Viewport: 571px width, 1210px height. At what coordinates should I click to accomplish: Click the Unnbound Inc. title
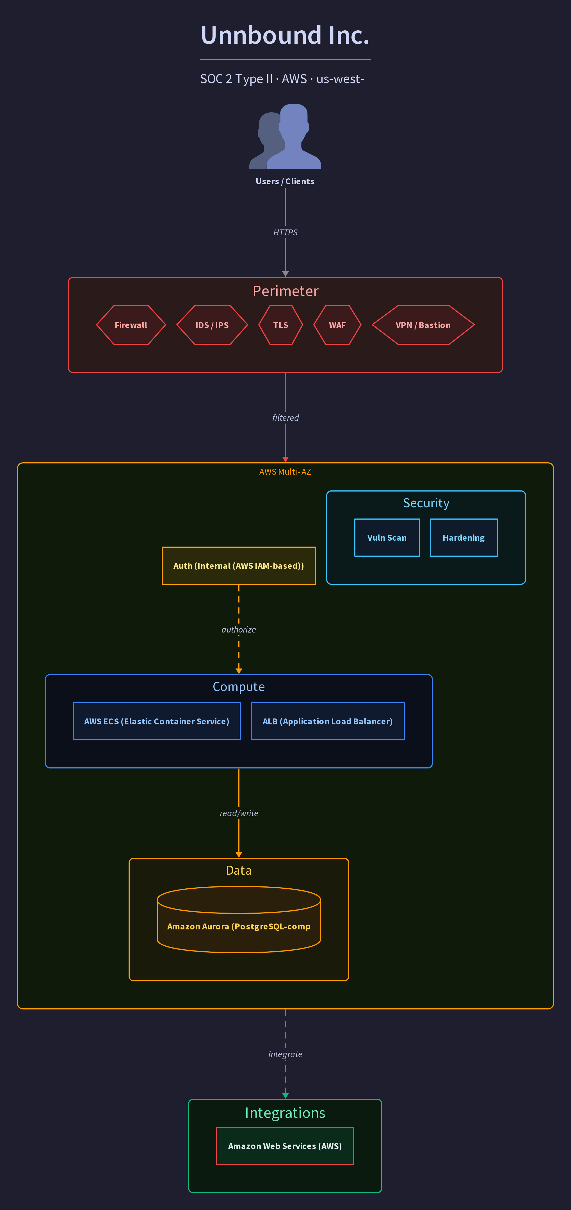pyautogui.click(x=285, y=35)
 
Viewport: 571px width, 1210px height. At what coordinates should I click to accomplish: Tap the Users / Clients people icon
pyautogui.click(x=285, y=136)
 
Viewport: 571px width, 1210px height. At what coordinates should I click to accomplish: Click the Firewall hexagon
pyautogui.click(x=131, y=325)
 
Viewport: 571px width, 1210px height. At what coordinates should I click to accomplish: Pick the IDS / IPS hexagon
pyautogui.click(x=212, y=325)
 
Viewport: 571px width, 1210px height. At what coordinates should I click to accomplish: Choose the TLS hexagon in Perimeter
pyautogui.click(x=281, y=325)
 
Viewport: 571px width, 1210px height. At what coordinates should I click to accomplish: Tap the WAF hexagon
pyautogui.click(x=337, y=325)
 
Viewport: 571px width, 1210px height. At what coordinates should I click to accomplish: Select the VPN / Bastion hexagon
pyautogui.click(x=423, y=325)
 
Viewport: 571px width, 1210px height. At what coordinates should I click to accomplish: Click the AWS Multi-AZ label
pyautogui.click(x=285, y=472)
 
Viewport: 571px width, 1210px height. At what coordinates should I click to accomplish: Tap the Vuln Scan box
pyautogui.click(x=387, y=538)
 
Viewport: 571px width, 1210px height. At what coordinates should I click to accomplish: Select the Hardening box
pyautogui.click(x=464, y=538)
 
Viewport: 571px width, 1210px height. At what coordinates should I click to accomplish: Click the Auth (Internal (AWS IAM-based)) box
pyautogui.click(x=239, y=566)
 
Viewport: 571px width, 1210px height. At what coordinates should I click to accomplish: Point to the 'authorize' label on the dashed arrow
pyautogui.click(x=239, y=629)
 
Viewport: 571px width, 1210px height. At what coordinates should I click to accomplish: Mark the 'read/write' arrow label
pyautogui.click(x=239, y=813)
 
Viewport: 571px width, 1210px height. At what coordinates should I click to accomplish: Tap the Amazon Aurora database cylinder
pyautogui.click(x=239, y=920)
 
